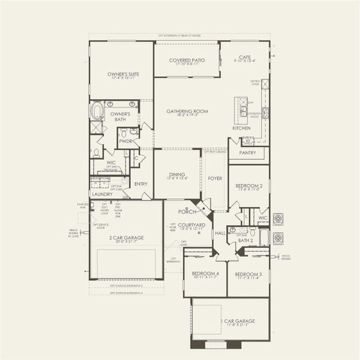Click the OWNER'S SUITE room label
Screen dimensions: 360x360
click(x=124, y=74)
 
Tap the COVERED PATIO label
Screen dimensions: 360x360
click(x=186, y=61)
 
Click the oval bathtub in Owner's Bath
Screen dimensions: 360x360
click(x=97, y=110)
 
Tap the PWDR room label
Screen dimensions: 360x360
click(x=125, y=141)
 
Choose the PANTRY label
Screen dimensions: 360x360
click(x=247, y=153)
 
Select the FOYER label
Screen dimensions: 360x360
click(x=214, y=178)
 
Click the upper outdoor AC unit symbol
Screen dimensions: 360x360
click(x=279, y=218)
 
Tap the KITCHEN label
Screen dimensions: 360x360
click(x=241, y=128)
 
